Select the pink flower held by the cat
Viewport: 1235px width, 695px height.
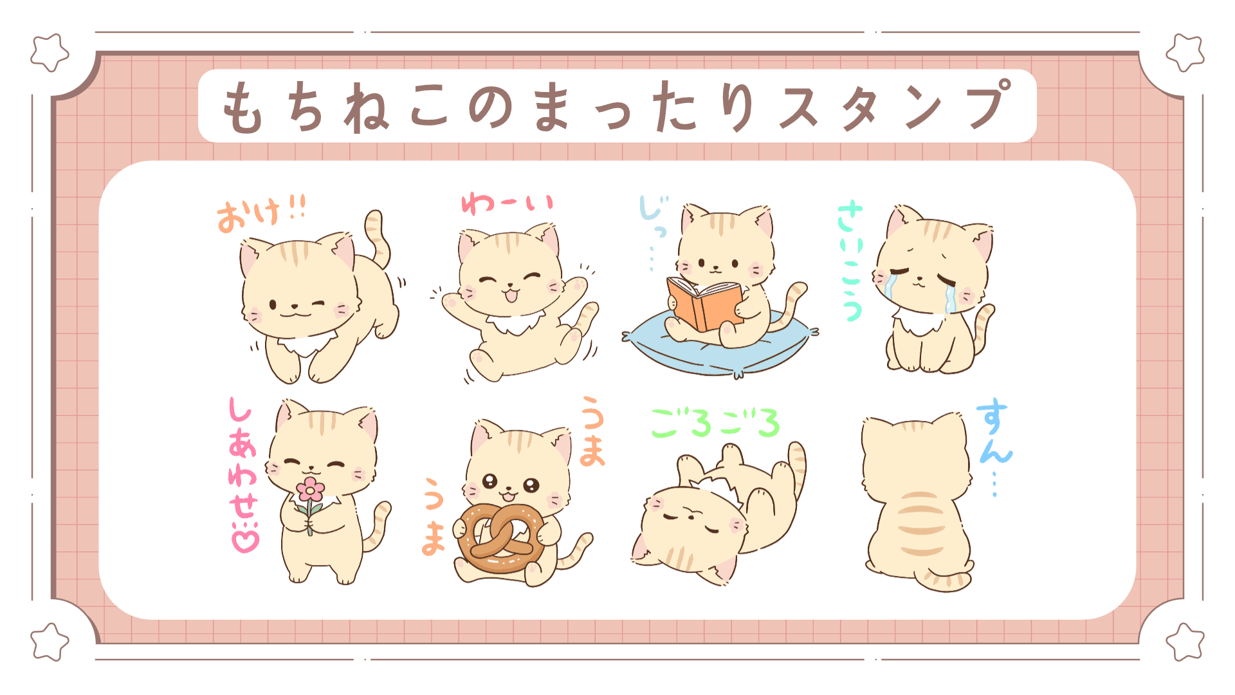[x=311, y=490]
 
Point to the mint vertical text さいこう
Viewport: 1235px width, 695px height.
[x=851, y=261]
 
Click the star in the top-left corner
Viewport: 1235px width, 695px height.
[x=50, y=53]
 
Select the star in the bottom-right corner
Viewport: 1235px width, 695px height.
[x=1184, y=642]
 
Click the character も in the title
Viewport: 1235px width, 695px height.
[x=242, y=107]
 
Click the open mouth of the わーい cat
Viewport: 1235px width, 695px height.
[x=511, y=295]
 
